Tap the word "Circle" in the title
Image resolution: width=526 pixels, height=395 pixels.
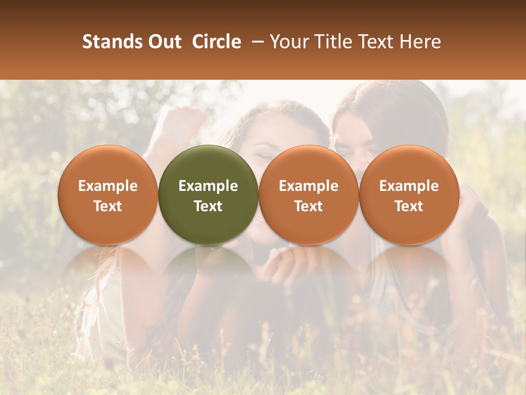[x=216, y=42]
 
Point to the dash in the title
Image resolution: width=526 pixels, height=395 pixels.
[x=255, y=42]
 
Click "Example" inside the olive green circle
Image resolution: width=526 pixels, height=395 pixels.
[x=208, y=186]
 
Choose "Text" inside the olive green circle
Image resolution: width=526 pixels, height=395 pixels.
[x=208, y=206]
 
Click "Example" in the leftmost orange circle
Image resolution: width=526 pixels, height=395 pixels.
[x=108, y=186]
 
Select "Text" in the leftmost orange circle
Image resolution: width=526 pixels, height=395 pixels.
[x=108, y=206]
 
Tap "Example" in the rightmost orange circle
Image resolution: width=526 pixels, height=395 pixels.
[x=409, y=186]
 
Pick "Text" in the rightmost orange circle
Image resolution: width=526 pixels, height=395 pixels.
[x=409, y=206]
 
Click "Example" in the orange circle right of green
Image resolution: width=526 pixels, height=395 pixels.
[x=308, y=186]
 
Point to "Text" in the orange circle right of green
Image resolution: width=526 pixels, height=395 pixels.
[x=308, y=206]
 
